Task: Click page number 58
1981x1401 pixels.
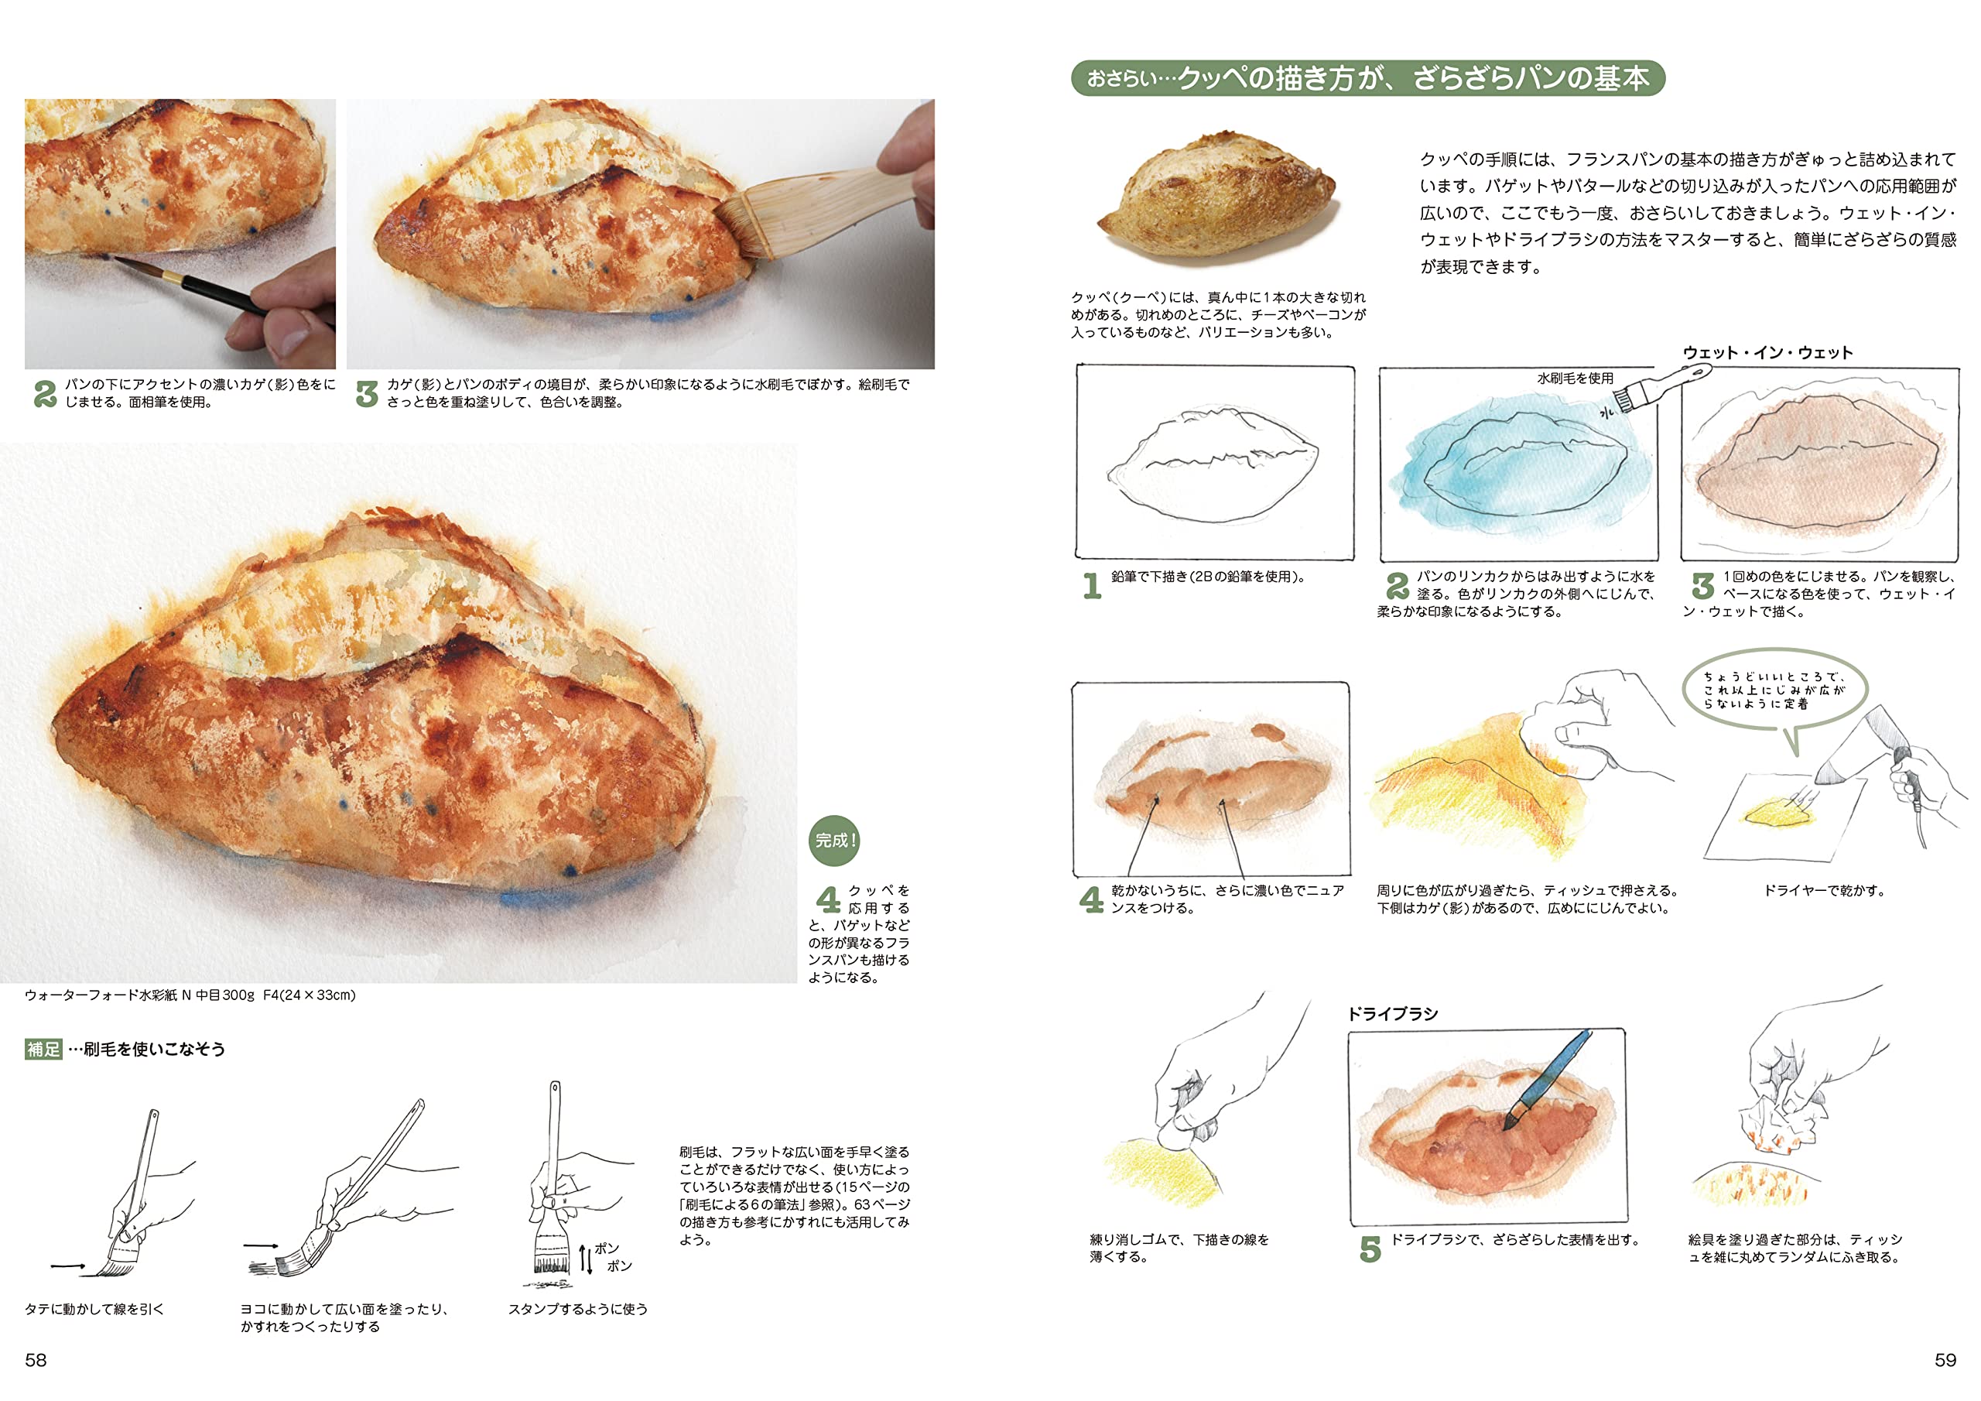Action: [x=36, y=1361]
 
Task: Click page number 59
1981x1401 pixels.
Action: [x=1945, y=1361]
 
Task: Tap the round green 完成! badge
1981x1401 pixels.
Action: [x=833, y=841]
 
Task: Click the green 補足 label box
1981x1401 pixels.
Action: [x=43, y=1049]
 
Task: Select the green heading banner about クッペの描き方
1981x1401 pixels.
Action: [x=1367, y=78]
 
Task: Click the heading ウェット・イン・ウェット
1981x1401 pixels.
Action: [x=1767, y=352]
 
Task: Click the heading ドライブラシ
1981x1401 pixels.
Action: [x=1393, y=1013]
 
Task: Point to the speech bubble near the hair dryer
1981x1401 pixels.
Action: [x=1774, y=691]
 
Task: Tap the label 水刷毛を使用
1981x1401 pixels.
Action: [x=1575, y=378]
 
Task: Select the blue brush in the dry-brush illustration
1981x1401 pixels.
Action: [x=1552, y=1079]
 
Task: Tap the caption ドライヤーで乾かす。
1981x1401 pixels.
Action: [x=1824, y=890]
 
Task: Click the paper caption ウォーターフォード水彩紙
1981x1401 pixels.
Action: [x=190, y=995]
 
